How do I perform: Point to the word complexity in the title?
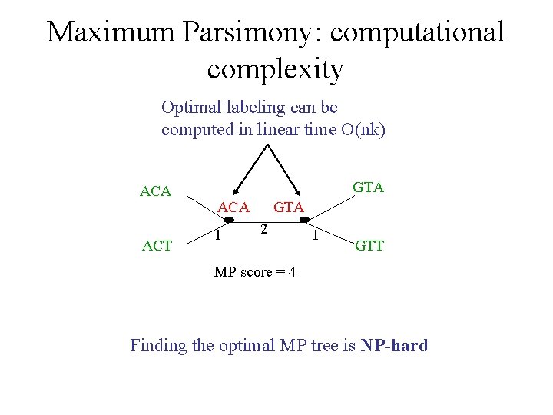(x=275, y=69)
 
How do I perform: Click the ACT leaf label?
(x=157, y=246)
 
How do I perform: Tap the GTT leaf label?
(x=369, y=246)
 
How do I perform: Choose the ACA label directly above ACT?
(x=155, y=191)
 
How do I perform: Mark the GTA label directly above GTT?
(x=368, y=187)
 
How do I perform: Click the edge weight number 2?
(x=263, y=229)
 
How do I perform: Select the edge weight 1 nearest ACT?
(x=218, y=235)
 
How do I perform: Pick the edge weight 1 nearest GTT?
(x=315, y=235)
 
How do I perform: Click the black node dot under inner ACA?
(x=229, y=220)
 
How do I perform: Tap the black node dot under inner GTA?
(x=304, y=220)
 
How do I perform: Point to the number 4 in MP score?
(x=291, y=273)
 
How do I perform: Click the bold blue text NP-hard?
(x=393, y=345)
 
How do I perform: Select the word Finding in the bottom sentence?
(x=158, y=346)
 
